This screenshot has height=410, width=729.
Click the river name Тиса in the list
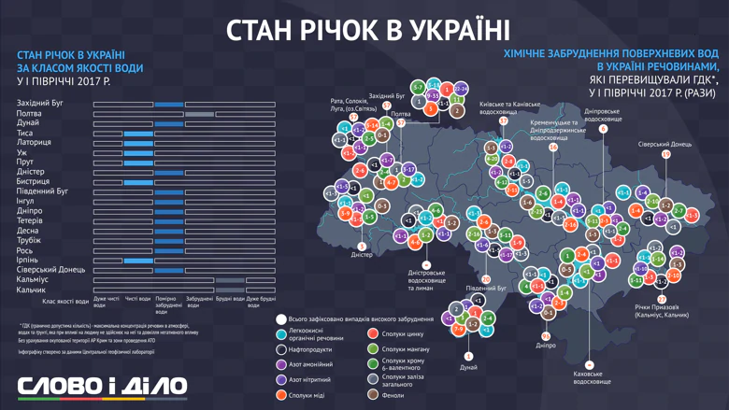[x=26, y=133]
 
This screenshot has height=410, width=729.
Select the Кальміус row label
[x=33, y=279]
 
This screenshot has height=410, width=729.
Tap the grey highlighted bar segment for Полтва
[x=199, y=114]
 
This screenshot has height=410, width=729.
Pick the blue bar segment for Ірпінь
[x=138, y=260]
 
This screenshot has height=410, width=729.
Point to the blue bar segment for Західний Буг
[x=169, y=104]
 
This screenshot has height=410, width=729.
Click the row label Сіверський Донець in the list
[x=50, y=269]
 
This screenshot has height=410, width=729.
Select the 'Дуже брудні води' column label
[x=261, y=303]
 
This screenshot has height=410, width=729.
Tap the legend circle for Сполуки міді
[x=281, y=395]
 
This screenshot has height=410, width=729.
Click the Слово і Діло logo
[x=102, y=386]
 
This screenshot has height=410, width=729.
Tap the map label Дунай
[x=468, y=368]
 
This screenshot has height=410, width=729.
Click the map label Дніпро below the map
[x=547, y=345]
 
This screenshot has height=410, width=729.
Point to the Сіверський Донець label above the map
[x=665, y=145]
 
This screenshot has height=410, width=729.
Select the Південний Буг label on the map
[x=486, y=289]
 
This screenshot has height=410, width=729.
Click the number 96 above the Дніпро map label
[x=546, y=335]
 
